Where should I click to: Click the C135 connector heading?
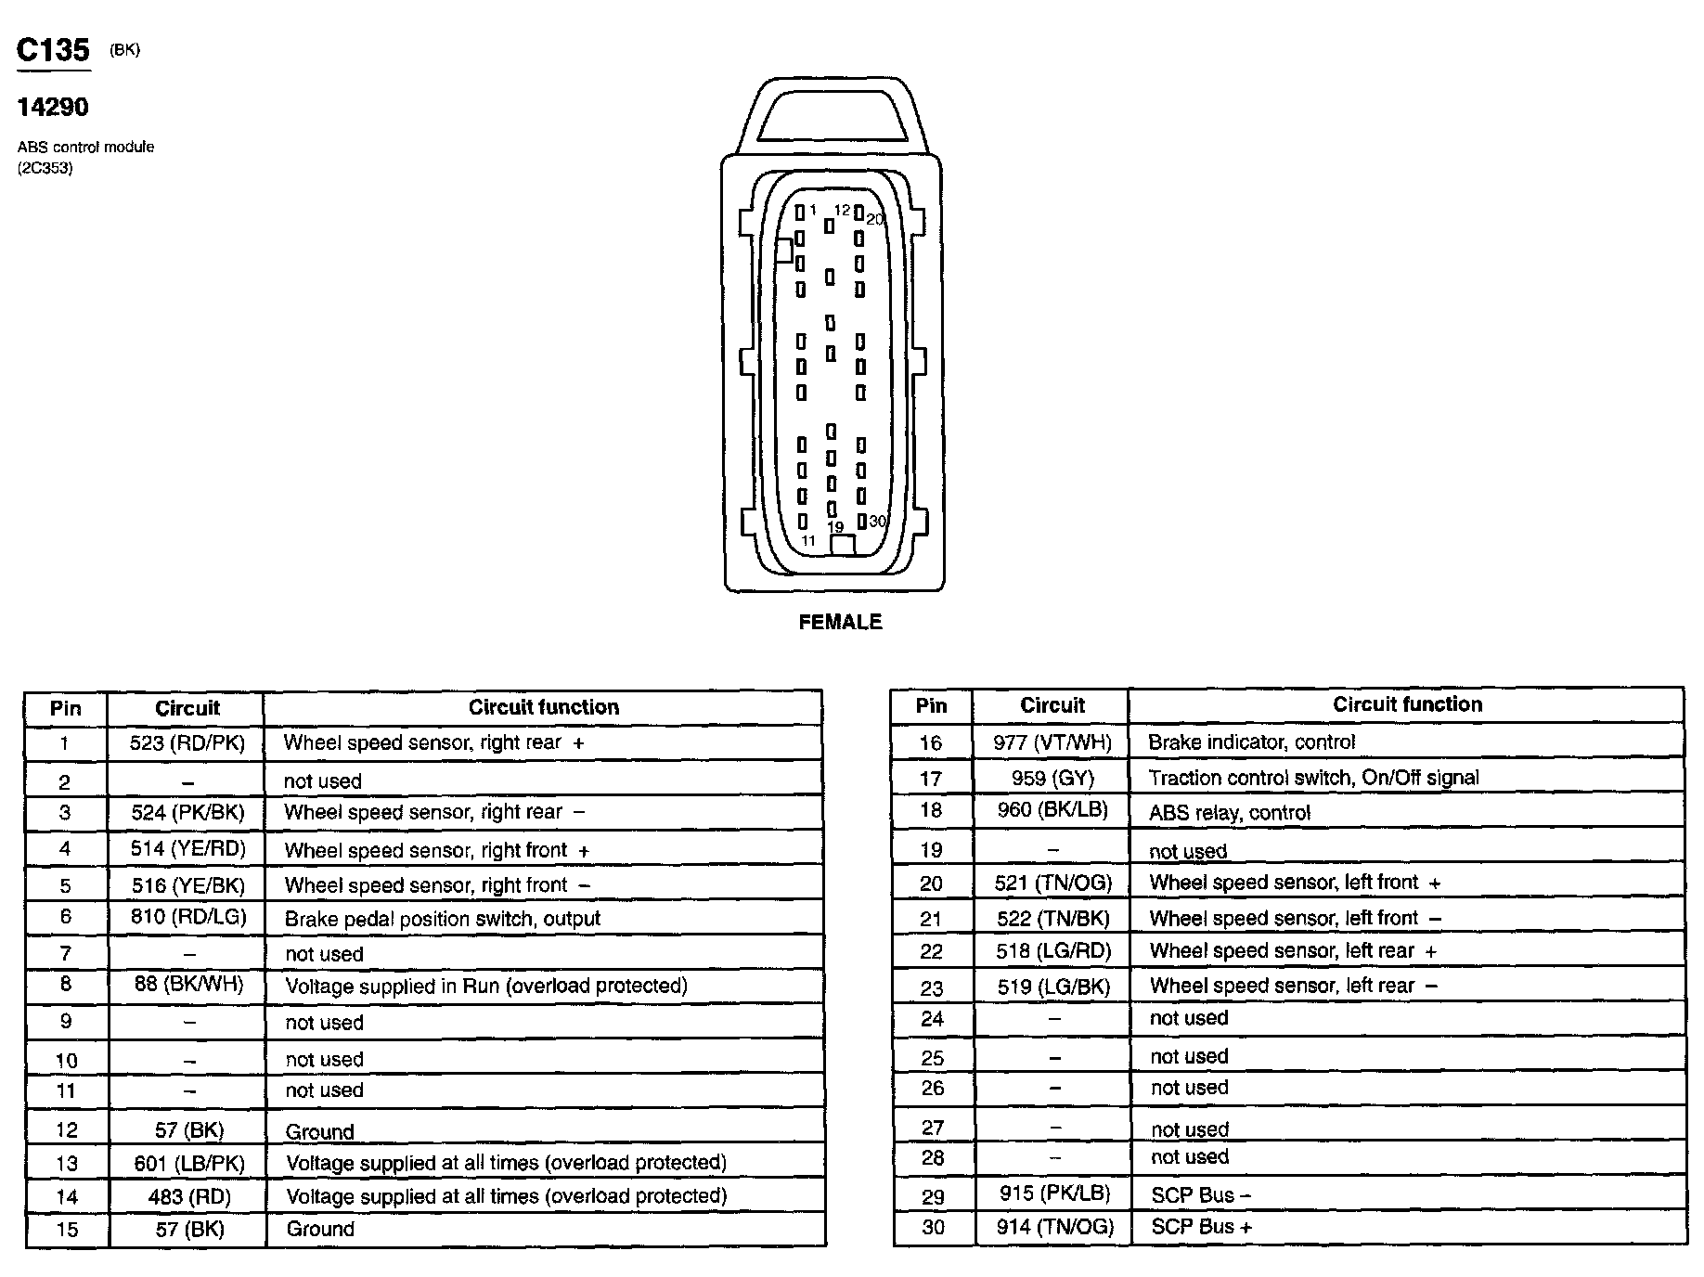[x=53, y=50]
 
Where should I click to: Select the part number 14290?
[x=53, y=108]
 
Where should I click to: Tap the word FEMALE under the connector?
[x=840, y=622]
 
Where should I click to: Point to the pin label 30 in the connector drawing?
[x=877, y=522]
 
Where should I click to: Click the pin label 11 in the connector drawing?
[x=808, y=540]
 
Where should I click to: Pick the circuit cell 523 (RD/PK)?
[x=187, y=742]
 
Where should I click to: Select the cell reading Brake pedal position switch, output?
[x=443, y=919]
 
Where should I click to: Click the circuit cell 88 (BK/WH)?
[x=188, y=984]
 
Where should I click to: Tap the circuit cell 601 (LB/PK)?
[x=188, y=1163]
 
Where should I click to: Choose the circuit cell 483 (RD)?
[x=188, y=1197]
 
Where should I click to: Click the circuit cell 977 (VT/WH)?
[x=1052, y=742]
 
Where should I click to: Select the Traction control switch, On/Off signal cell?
[x=1313, y=778]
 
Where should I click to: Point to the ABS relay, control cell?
[x=1229, y=813]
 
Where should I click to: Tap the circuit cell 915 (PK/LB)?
[x=1054, y=1193]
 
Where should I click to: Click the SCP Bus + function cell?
[x=1201, y=1227]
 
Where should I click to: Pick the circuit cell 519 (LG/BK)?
[x=1053, y=987]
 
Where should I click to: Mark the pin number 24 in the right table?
[x=932, y=1019]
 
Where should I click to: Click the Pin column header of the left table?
[x=65, y=708]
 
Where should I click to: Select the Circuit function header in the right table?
[x=1407, y=704]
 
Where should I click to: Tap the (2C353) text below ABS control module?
[x=45, y=168]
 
